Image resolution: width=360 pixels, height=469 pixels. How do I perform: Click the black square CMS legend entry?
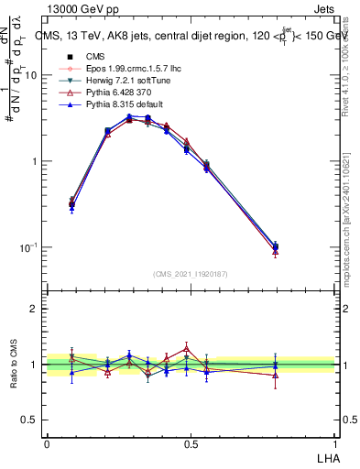82,57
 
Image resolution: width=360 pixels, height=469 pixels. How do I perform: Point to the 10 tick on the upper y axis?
32,76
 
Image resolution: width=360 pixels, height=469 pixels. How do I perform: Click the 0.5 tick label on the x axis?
191,443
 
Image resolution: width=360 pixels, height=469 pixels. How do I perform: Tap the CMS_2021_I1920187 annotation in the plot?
191,274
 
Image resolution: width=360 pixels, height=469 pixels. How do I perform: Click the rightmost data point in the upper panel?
277,246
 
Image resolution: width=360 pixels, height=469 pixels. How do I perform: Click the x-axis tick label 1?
334,443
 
